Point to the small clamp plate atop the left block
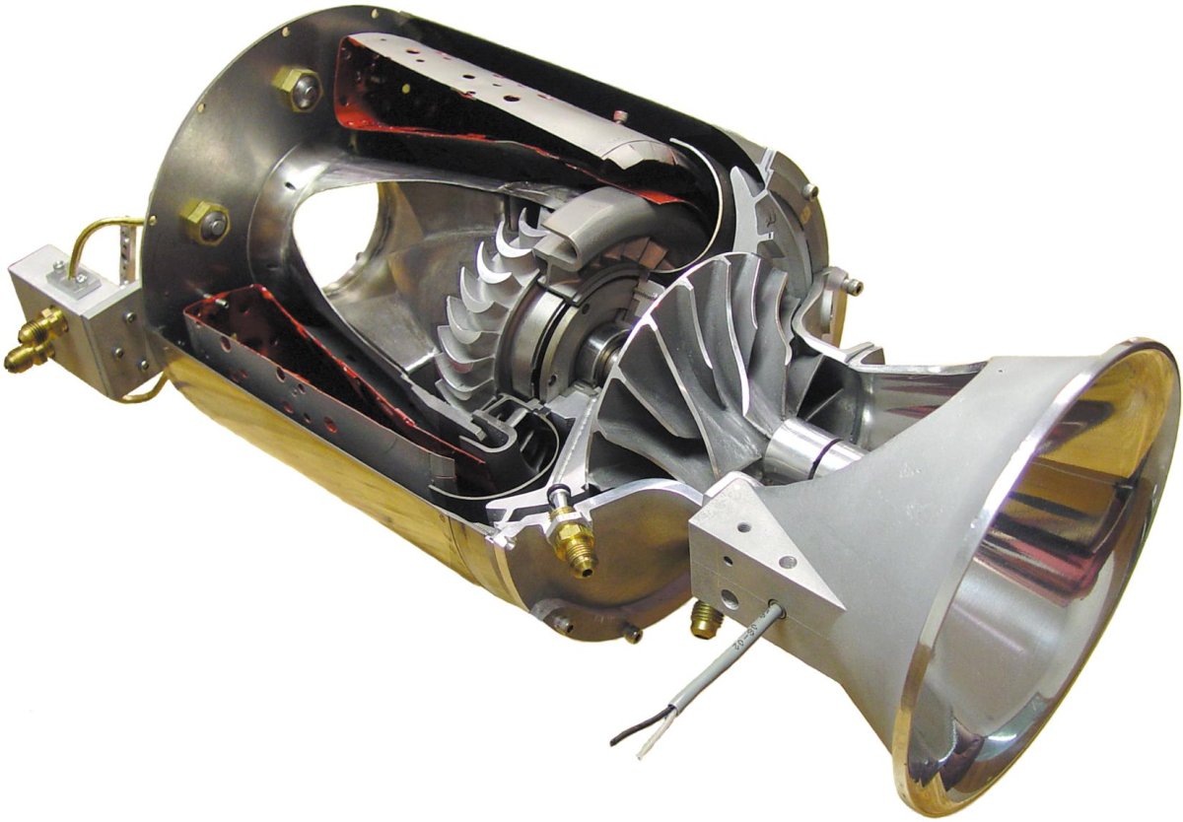click(75, 284)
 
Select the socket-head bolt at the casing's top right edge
click(809, 189)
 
